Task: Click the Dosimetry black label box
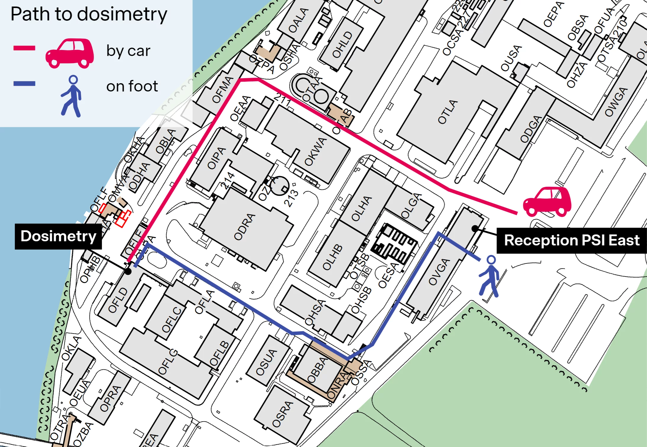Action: click(58, 237)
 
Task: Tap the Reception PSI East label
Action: click(571, 240)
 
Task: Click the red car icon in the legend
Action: click(70, 53)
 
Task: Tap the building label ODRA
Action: click(245, 227)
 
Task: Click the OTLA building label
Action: click(448, 112)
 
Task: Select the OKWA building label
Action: click(316, 151)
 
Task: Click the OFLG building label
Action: click(168, 362)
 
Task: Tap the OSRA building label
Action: click(282, 414)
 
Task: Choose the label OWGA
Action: click(616, 102)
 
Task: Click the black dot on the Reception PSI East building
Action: click(475, 229)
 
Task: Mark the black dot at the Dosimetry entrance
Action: click(128, 271)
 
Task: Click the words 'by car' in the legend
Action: click(128, 51)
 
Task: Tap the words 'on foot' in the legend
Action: click(132, 86)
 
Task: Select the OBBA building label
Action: click(317, 370)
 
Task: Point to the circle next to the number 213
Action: click(279, 186)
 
